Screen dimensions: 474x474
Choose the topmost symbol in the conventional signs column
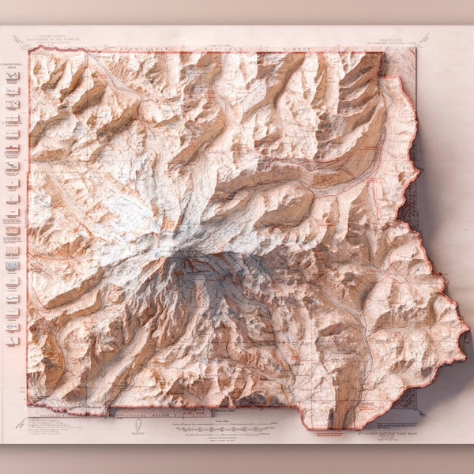[x=13, y=77]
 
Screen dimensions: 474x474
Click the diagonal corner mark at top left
[x=17, y=37]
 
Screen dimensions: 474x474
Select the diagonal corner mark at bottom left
[x=17, y=434]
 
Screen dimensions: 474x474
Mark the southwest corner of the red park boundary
[x=29, y=404]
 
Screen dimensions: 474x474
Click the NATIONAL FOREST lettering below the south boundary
[x=162, y=412]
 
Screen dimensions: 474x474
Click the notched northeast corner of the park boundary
[x=385, y=75]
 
